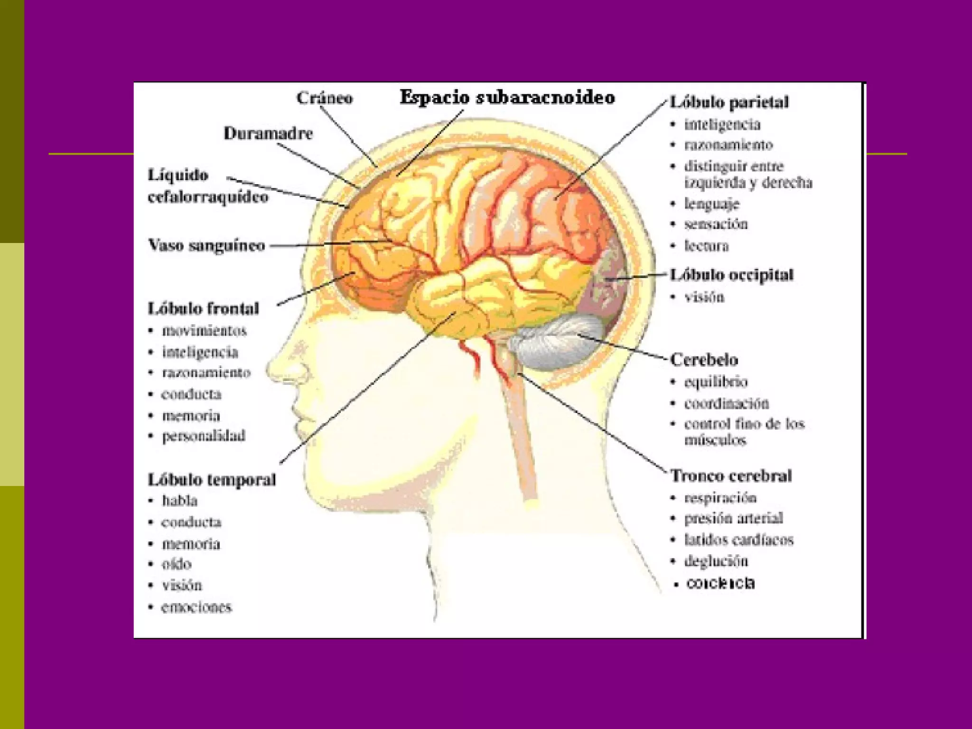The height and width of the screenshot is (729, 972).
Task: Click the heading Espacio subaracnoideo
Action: (x=507, y=97)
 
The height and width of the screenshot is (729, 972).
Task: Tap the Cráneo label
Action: (x=325, y=98)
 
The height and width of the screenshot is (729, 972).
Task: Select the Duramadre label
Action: (x=268, y=133)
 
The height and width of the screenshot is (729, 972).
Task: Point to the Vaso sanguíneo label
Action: (x=206, y=245)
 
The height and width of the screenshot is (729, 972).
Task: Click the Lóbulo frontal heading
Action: (x=204, y=308)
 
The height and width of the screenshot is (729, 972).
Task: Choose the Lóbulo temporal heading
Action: (x=212, y=479)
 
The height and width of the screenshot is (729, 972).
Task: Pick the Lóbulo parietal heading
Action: (x=729, y=102)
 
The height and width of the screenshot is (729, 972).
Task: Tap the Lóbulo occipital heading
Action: (x=731, y=275)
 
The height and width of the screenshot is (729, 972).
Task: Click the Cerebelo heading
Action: (x=704, y=360)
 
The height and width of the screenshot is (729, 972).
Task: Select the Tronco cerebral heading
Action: (x=731, y=476)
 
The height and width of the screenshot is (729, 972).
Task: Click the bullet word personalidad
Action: (x=204, y=436)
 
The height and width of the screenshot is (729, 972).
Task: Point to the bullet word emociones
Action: (x=196, y=607)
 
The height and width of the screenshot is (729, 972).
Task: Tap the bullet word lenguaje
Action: (x=711, y=204)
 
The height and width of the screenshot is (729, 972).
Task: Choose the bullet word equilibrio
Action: (x=716, y=382)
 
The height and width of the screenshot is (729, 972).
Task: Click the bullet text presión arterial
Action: (x=733, y=518)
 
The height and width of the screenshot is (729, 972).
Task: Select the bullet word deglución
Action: (x=716, y=561)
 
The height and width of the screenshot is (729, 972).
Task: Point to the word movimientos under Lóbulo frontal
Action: (x=204, y=331)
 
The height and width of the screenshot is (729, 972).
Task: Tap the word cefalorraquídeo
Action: (x=208, y=197)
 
